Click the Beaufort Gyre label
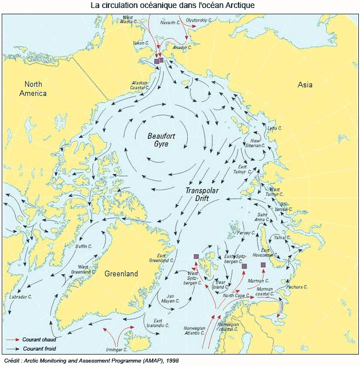158,140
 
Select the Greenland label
121,274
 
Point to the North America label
33,89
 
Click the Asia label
305,85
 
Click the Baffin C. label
84,246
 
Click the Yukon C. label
140,42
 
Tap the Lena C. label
275,128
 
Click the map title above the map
180,5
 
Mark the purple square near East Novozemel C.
263,265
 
